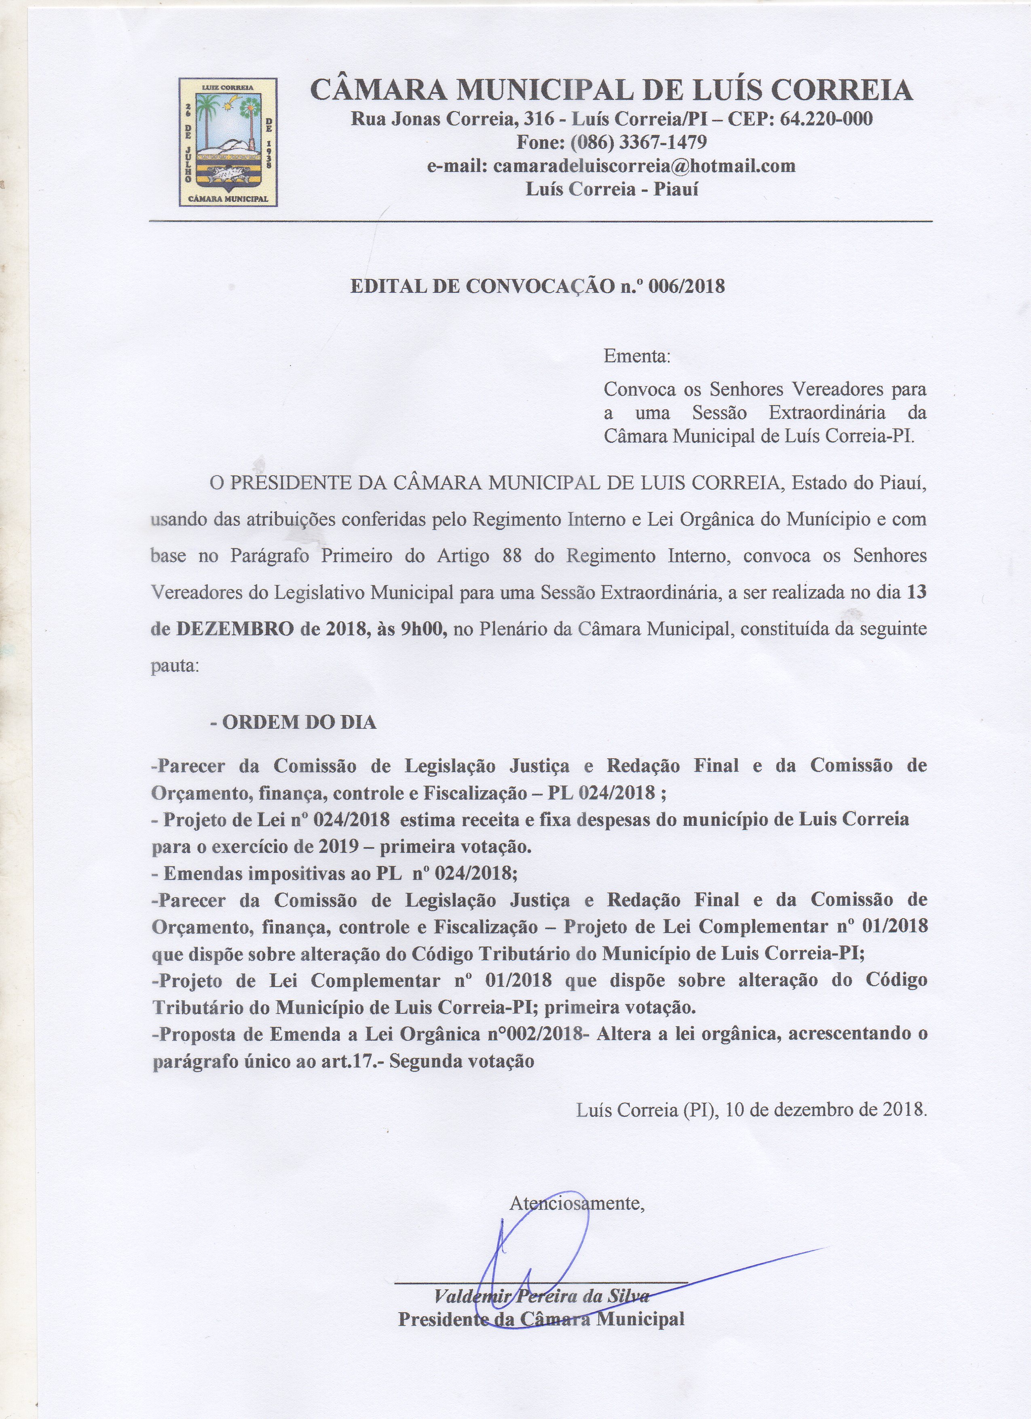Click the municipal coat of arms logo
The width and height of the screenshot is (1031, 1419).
(x=228, y=142)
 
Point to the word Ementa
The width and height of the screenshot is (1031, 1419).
(x=636, y=357)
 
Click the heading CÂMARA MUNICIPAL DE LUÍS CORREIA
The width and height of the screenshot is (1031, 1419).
(x=611, y=91)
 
